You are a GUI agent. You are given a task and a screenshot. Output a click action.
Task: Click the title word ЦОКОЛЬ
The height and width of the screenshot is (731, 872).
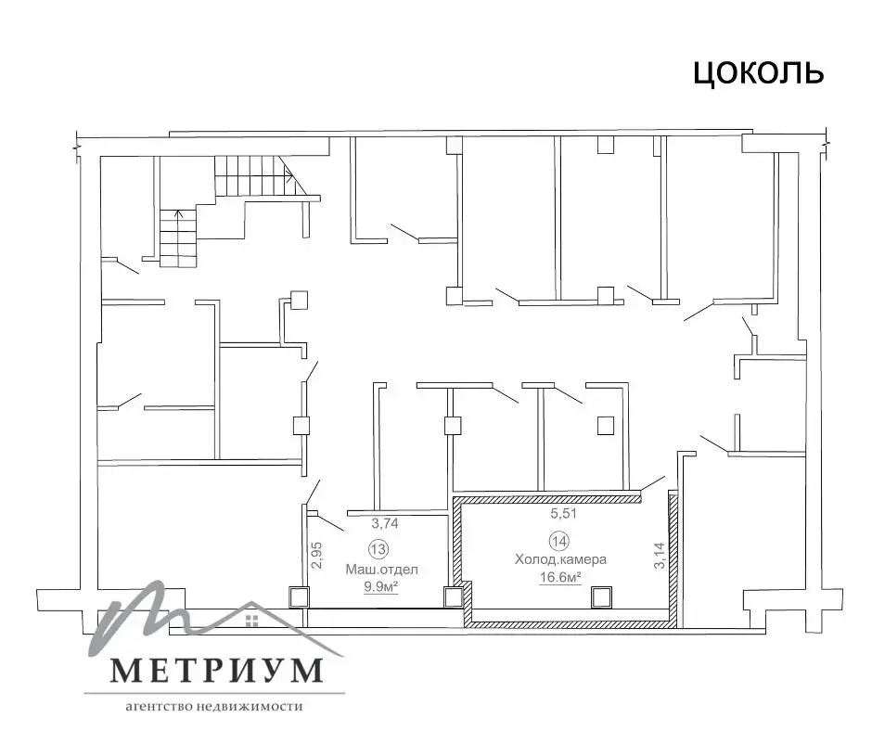click(x=758, y=72)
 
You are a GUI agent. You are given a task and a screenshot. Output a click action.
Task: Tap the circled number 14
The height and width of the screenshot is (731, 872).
click(x=560, y=541)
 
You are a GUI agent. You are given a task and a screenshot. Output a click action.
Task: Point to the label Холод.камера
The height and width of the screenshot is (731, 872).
click(x=560, y=559)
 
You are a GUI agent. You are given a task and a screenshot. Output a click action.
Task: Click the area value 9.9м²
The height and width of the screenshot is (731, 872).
click(x=379, y=586)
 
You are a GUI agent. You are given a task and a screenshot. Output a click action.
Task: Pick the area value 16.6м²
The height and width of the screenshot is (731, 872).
click(x=560, y=577)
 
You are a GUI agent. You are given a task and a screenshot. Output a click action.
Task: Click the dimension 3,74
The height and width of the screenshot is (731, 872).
click(x=385, y=523)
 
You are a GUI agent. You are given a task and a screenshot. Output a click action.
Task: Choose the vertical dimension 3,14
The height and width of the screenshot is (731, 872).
click(x=659, y=555)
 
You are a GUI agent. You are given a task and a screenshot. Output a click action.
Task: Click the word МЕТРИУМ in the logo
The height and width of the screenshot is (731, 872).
click(x=216, y=669)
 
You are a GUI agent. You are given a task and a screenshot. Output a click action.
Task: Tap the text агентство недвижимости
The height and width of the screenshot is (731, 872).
click(x=214, y=706)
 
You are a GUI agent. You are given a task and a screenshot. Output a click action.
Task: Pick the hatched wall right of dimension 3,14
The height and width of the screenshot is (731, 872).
click(x=673, y=557)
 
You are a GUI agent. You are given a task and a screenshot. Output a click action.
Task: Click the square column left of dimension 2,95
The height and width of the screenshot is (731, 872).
click(x=298, y=596)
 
